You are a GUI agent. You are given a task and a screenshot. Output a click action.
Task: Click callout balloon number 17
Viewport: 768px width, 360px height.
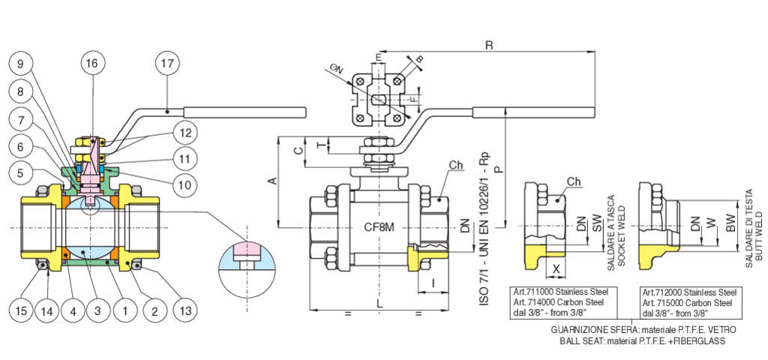pos(167,63)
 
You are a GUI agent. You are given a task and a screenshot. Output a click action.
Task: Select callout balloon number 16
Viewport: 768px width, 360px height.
pos(92,63)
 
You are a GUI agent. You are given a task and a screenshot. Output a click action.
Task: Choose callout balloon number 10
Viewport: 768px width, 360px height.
pos(184,184)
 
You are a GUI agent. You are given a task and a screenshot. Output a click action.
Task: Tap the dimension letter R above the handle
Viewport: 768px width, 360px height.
pos(488,45)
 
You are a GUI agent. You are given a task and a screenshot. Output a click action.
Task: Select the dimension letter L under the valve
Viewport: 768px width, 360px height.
pos(379,304)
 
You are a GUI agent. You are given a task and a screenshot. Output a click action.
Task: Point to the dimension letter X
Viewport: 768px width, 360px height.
pos(556,269)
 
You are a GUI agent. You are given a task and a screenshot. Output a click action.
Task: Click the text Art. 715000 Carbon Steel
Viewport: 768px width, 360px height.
pos(690,303)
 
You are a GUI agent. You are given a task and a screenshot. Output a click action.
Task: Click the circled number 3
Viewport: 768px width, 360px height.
pos(97,310)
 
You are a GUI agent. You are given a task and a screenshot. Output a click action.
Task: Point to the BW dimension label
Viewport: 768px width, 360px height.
pos(730,223)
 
